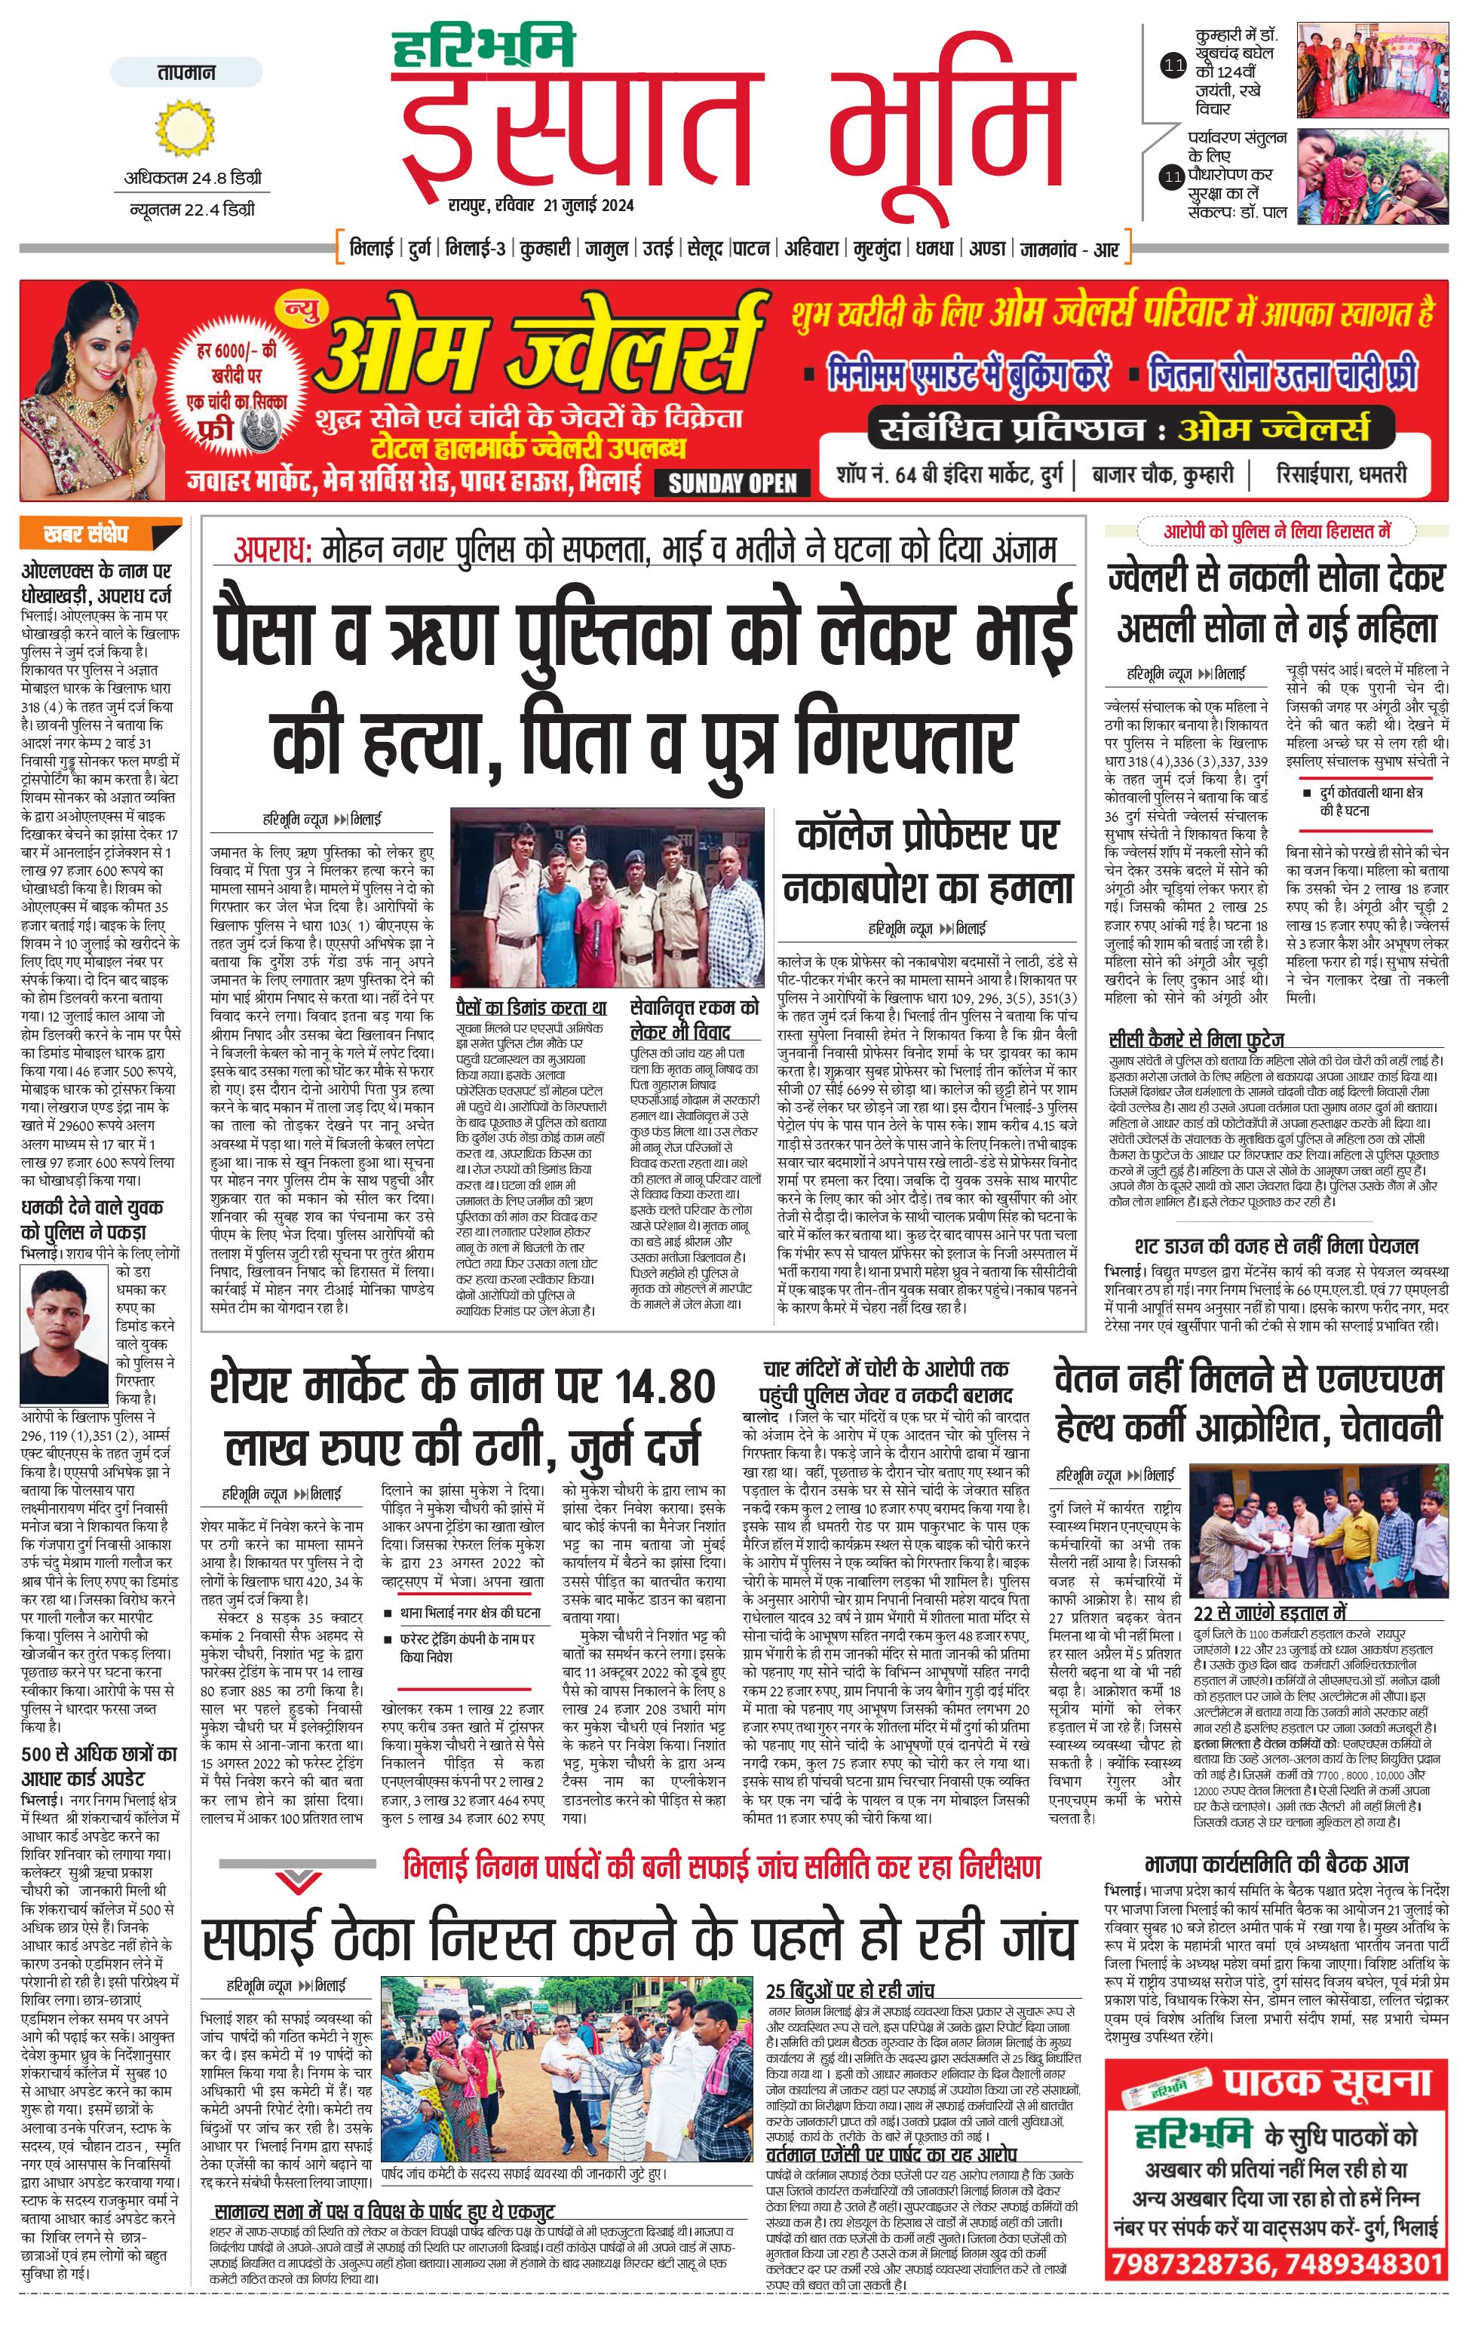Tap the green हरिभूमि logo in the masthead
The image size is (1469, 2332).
(484, 47)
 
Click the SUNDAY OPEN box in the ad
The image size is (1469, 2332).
(732, 483)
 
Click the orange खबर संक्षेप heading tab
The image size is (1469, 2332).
(99, 534)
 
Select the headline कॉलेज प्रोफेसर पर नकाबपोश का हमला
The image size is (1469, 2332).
(928, 861)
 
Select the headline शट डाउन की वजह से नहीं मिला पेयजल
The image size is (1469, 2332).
(1276, 1246)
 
